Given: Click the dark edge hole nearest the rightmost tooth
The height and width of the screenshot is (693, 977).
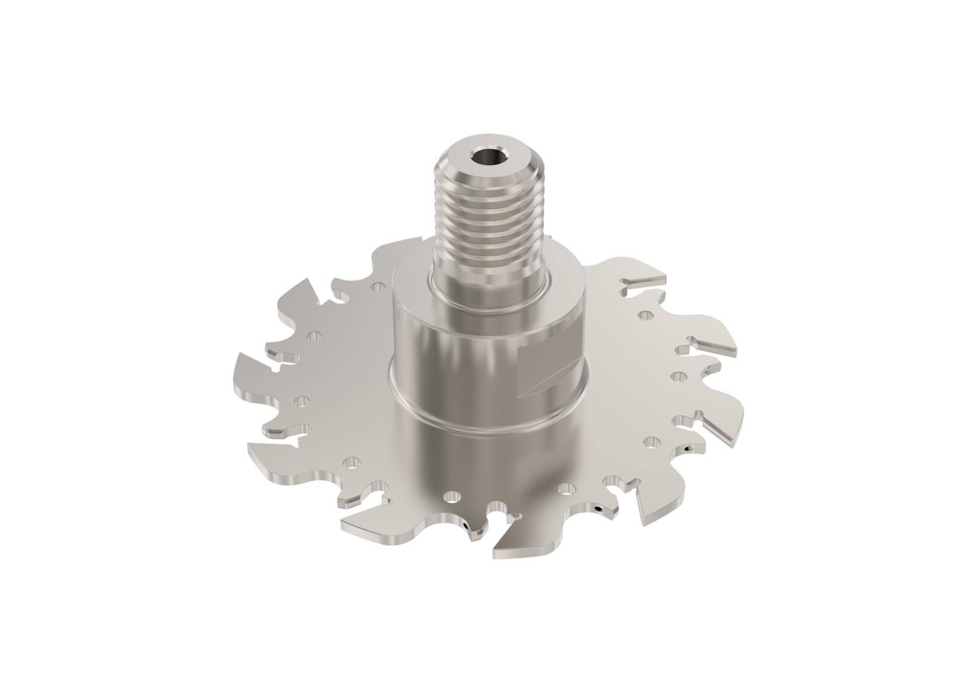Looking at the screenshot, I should point(686,447).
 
